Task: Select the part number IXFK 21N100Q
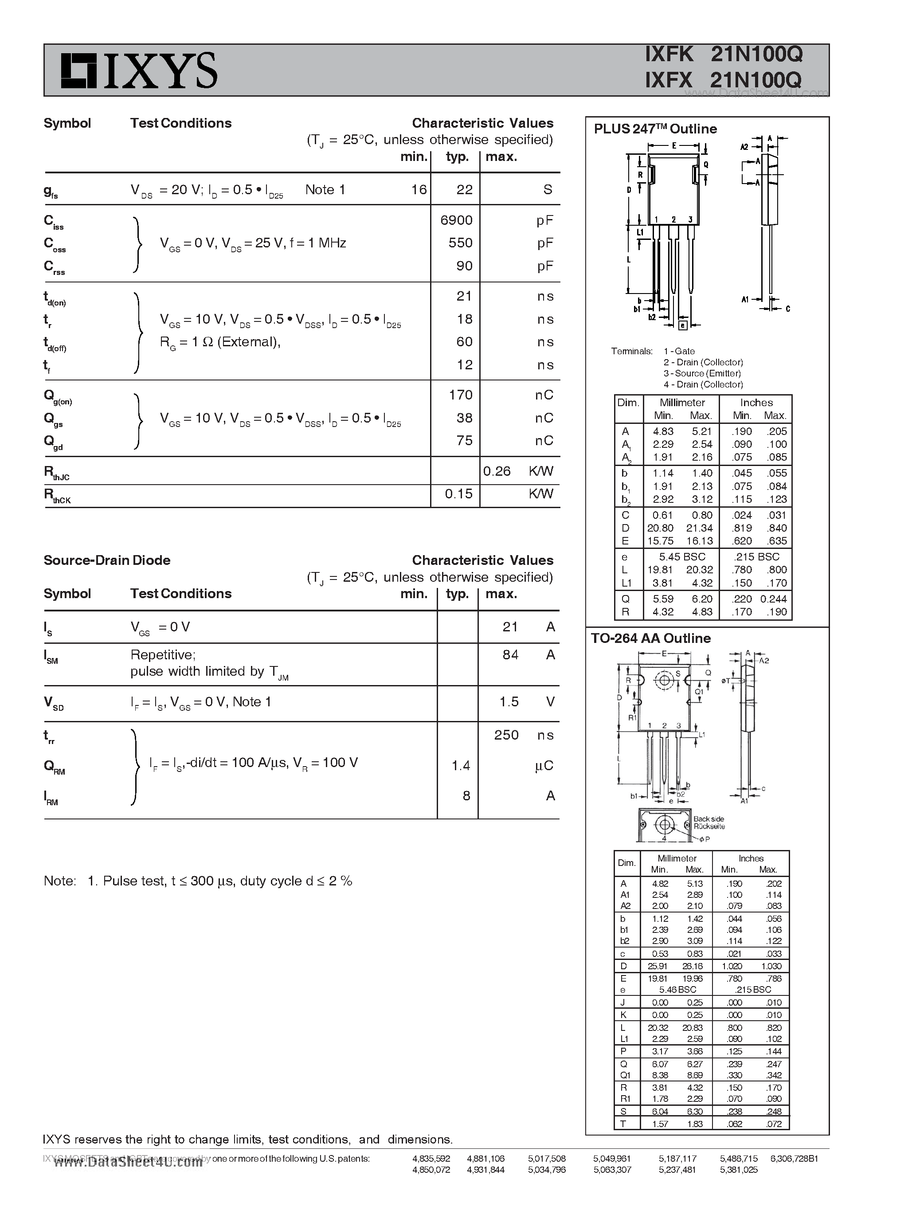click(723, 54)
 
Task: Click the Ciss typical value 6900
click(456, 220)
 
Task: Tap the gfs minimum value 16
click(419, 190)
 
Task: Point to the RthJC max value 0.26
click(497, 471)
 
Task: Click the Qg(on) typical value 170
click(460, 395)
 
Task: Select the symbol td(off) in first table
click(55, 344)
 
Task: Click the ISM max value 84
click(510, 655)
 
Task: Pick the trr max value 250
click(506, 735)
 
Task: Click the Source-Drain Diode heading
click(107, 560)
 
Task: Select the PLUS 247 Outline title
click(655, 129)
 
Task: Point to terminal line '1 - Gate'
click(679, 351)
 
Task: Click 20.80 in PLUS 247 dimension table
click(660, 528)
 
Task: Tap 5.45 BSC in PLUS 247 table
click(681, 557)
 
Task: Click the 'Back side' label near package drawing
click(709, 819)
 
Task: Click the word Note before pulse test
click(59, 881)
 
